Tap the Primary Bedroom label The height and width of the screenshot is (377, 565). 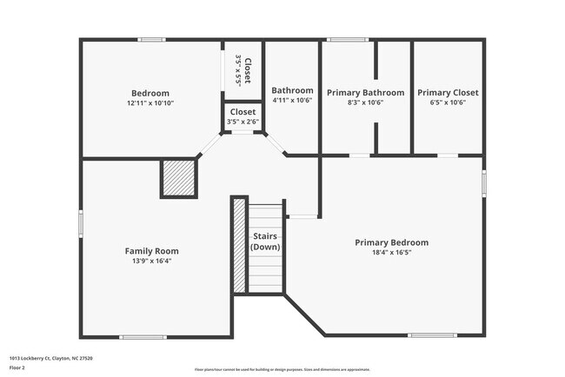click(391, 242)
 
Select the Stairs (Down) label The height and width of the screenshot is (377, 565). click(265, 241)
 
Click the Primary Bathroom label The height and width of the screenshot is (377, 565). click(365, 92)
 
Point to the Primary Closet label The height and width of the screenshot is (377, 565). click(448, 92)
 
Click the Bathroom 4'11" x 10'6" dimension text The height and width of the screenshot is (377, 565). click(292, 101)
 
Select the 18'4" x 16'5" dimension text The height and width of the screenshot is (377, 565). click(391, 253)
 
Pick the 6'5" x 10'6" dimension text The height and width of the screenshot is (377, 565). click(448, 102)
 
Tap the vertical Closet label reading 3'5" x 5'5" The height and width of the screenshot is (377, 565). click(243, 69)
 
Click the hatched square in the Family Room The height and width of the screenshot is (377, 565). click(179, 178)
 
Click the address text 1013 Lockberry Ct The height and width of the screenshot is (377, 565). click(51, 358)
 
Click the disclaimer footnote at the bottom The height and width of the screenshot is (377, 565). click(282, 369)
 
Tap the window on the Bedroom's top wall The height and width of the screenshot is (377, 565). click(152, 39)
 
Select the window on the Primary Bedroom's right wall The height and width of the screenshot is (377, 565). click(484, 183)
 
